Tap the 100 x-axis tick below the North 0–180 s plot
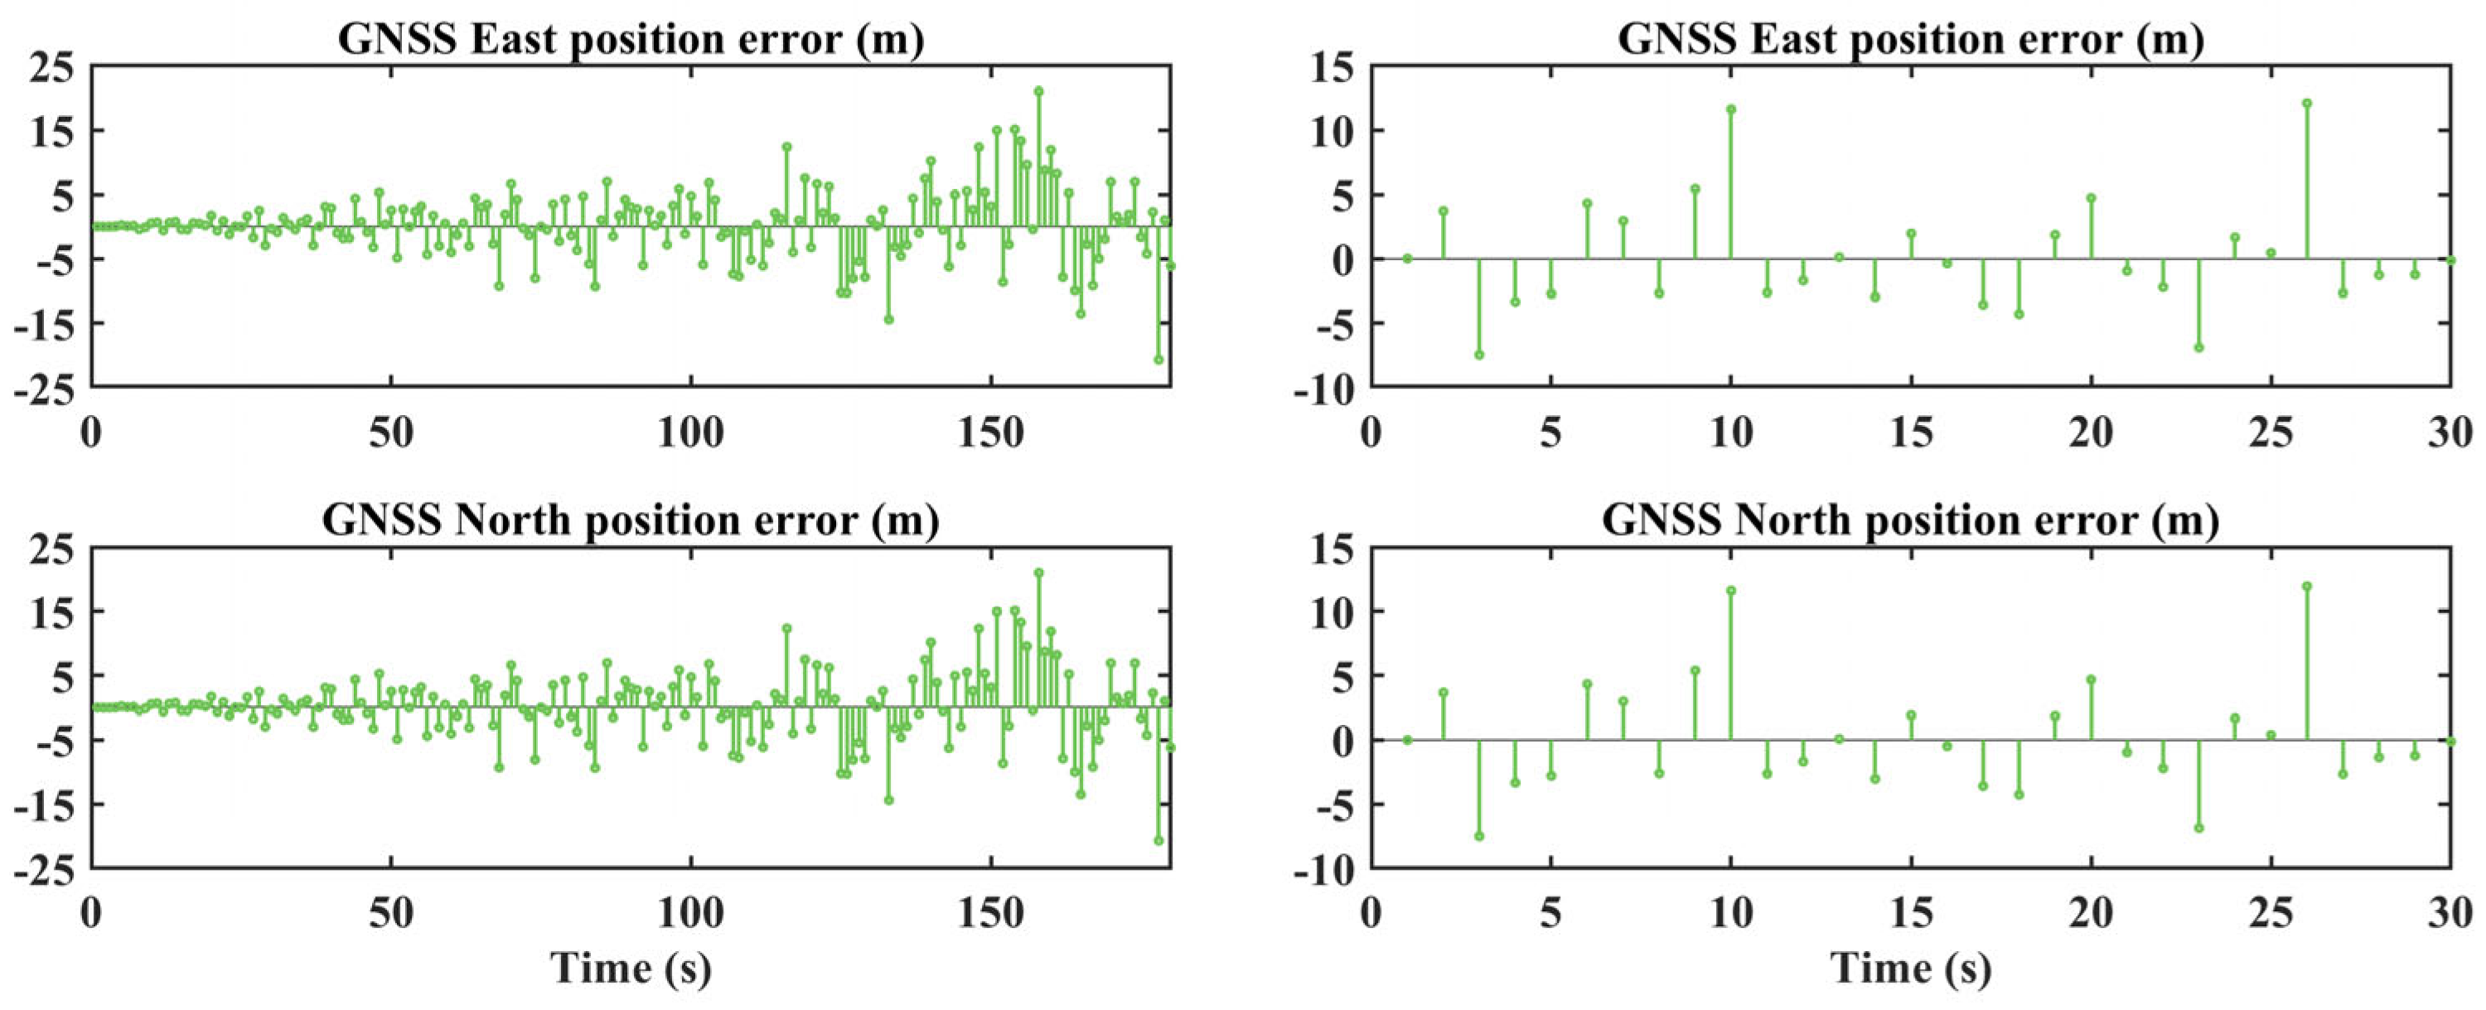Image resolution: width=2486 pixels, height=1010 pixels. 691,914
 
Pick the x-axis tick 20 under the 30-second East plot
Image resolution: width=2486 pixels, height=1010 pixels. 2091,434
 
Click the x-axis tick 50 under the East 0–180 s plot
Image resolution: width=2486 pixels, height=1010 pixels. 391,434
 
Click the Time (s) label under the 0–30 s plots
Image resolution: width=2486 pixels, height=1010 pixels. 1910,969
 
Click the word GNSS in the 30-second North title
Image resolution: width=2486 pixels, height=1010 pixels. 1661,521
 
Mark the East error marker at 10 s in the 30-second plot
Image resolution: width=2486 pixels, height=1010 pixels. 1730,136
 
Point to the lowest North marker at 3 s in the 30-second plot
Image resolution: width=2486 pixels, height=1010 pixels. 1478,835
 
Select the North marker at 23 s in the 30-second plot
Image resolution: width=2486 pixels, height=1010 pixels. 2198,828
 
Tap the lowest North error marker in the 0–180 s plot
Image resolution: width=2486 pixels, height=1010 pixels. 1158,840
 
